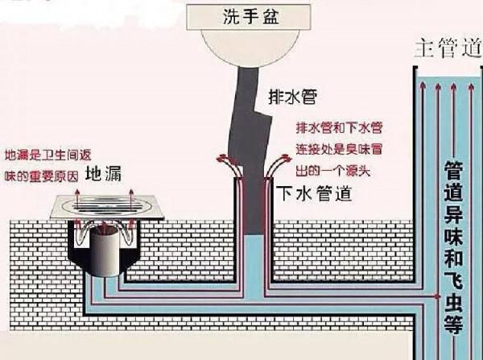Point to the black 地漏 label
[103, 173]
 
